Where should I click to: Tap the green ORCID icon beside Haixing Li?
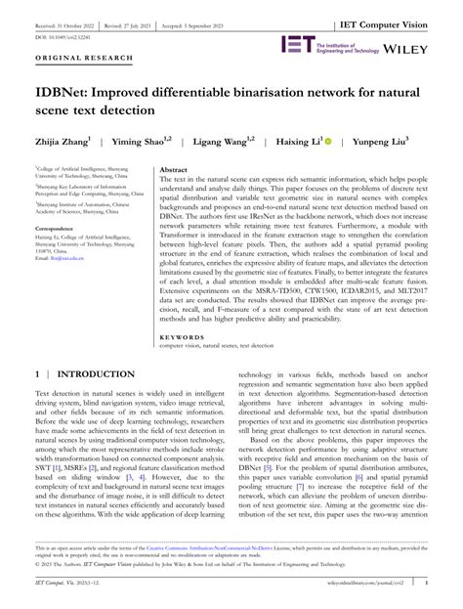point(327,140)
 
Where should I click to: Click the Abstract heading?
point(173,169)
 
